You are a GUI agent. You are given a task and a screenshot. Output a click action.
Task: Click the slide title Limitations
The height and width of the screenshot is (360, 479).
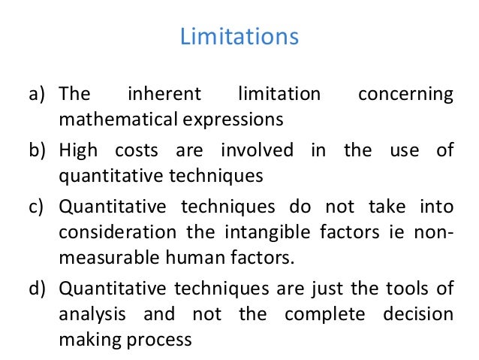(x=239, y=35)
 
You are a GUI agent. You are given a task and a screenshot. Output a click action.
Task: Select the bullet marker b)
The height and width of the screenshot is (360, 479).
(x=39, y=150)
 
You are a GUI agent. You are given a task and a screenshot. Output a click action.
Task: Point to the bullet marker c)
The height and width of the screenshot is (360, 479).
(x=39, y=206)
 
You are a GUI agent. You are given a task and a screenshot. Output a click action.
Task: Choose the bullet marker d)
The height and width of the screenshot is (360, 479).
(x=39, y=287)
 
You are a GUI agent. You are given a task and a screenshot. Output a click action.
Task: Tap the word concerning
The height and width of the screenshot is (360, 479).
(x=406, y=95)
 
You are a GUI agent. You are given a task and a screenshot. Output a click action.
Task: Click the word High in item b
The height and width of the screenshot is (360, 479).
(x=77, y=150)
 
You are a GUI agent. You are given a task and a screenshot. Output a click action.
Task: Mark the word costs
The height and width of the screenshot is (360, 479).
(x=135, y=150)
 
